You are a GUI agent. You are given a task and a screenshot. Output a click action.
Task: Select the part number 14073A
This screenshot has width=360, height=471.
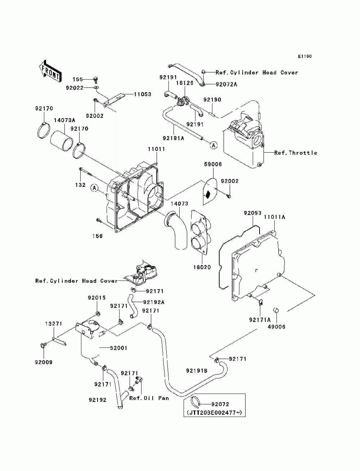[x=64, y=120]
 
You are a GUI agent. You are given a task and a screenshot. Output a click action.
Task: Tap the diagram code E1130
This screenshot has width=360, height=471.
[x=305, y=57]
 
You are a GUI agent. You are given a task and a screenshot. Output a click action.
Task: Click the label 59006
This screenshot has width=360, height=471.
[x=213, y=164]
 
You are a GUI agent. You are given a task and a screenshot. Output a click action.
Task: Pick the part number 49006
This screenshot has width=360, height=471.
[x=277, y=327]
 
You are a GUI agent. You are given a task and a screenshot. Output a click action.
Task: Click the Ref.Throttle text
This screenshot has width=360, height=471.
[x=296, y=153]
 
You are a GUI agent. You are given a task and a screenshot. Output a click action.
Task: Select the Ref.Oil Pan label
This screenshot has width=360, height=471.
[x=149, y=398]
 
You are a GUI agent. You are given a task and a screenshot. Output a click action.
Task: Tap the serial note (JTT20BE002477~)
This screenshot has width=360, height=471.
[x=214, y=412]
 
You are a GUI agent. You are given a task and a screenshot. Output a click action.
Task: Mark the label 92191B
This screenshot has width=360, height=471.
[x=197, y=371]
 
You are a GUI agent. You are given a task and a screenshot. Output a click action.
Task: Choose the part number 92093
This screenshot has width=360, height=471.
[x=252, y=213]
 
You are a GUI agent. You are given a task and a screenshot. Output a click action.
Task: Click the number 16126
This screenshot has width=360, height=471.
[x=185, y=83]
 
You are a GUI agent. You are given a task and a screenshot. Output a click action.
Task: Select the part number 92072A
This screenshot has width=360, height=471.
[x=226, y=84]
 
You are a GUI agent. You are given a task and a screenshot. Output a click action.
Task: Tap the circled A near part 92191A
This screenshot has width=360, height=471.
[x=214, y=145]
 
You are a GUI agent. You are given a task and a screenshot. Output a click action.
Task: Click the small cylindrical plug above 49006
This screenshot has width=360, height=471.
[x=276, y=310]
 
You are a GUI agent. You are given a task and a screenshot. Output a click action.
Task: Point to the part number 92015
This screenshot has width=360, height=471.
[x=97, y=298]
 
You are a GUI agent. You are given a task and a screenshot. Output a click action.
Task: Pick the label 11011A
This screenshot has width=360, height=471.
[x=274, y=217]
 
